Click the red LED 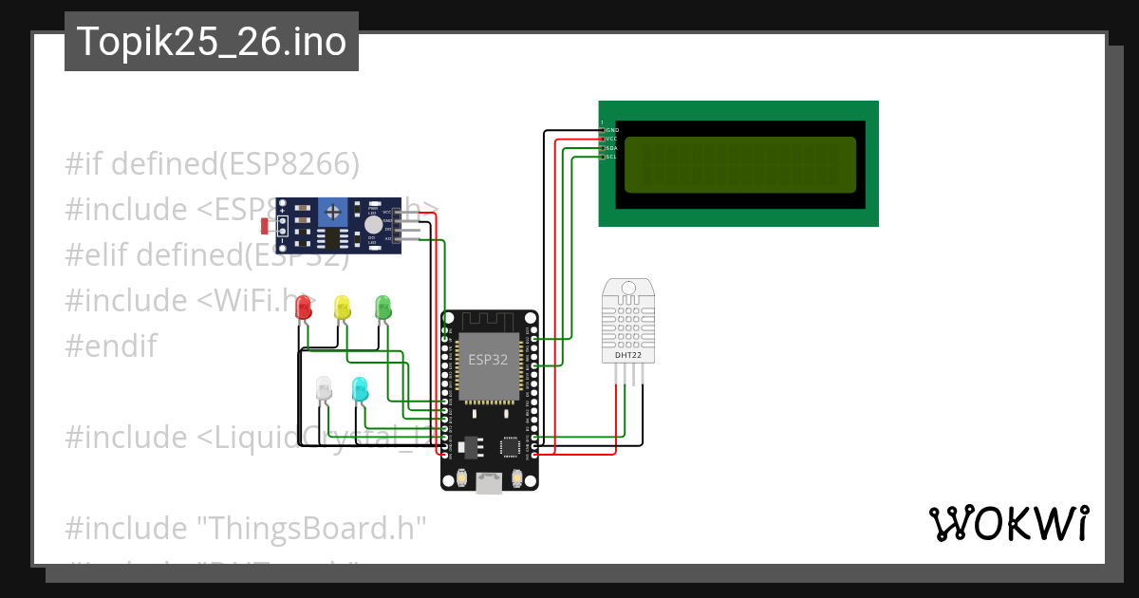304,308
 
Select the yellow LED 342,308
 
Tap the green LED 383,307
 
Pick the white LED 324,388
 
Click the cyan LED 360,388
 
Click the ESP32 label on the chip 488,360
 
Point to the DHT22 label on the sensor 627,355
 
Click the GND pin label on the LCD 612,130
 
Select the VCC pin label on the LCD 612,139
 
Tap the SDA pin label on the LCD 612,148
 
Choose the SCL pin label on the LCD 612,157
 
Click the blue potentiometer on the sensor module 332,211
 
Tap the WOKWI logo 1008,524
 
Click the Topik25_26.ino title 211,42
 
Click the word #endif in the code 111,346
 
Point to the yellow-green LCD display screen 740,163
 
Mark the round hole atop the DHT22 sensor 627,287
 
